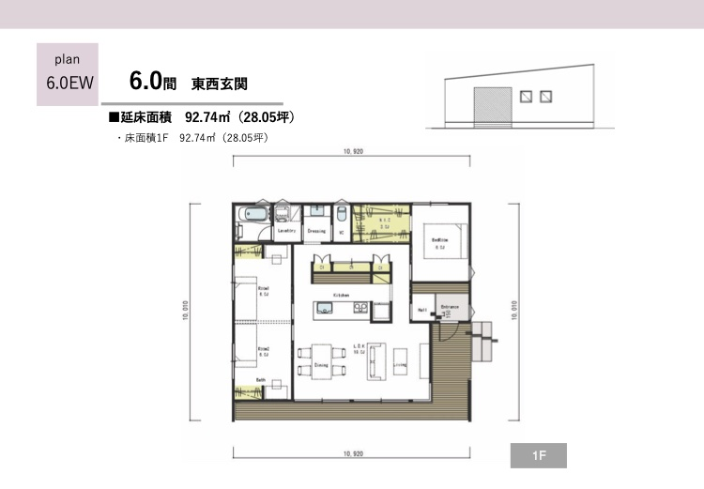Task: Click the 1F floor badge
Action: pyautogui.click(x=539, y=456)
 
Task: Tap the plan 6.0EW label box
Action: pyautogui.click(x=69, y=71)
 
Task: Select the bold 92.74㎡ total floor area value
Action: pyautogui.click(x=207, y=117)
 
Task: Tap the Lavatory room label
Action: pyautogui.click(x=287, y=231)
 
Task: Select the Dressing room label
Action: pyautogui.click(x=316, y=231)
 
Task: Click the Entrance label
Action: pyautogui.click(x=450, y=306)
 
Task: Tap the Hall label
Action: pyautogui.click(x=421, y=309)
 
